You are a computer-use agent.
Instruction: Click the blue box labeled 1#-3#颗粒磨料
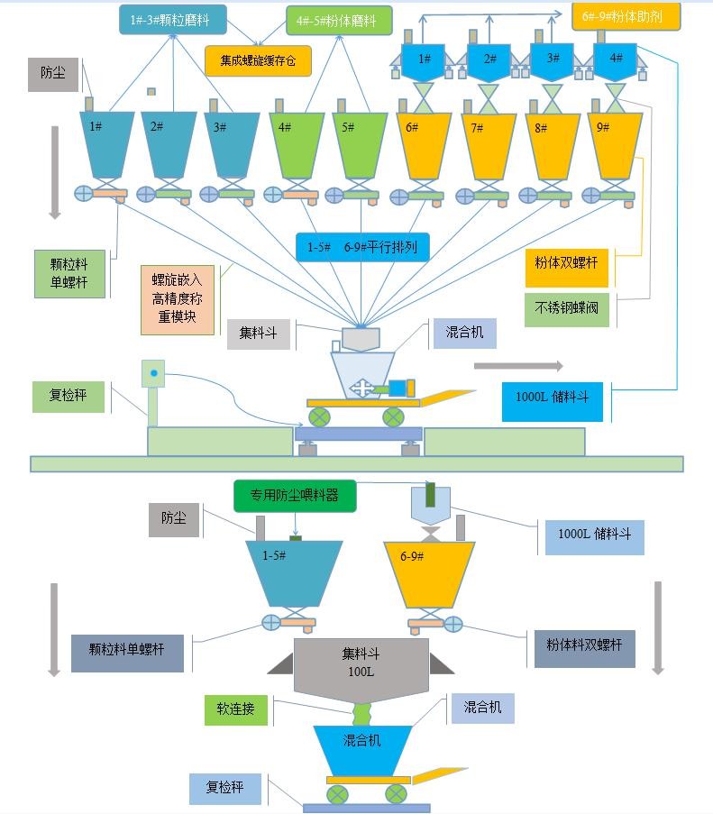pos(171,20)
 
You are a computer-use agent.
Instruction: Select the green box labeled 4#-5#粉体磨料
pos(338,20)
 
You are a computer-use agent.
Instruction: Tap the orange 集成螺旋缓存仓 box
pos(258,60)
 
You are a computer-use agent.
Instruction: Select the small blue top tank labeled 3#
pos(552,60)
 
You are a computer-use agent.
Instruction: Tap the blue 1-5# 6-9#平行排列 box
pos(361,247)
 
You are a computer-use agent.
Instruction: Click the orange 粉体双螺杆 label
pos(566,263)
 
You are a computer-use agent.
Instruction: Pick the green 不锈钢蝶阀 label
pos(566,309)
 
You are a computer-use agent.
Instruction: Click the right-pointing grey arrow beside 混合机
pos(518,366)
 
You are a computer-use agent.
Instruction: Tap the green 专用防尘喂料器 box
pos(295,495)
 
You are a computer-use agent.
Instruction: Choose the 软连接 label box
pos(236,709)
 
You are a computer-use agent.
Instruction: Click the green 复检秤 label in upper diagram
pos(69,396)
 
